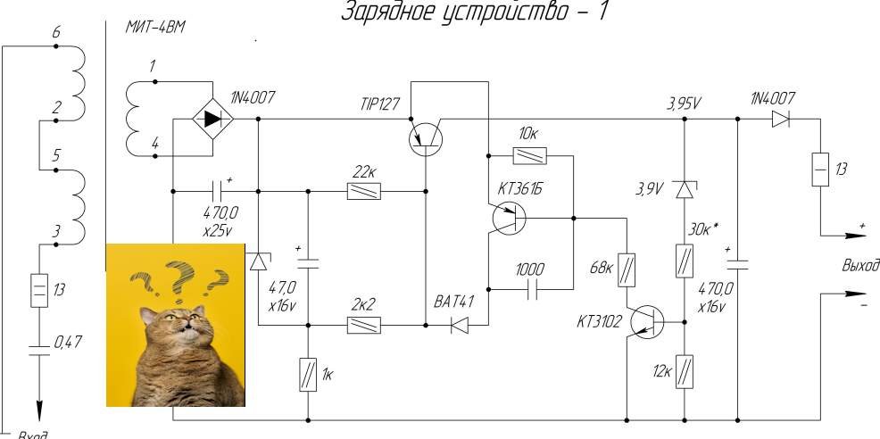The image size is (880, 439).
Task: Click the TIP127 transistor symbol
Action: pos(425,139)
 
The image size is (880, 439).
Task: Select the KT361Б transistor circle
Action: pos(509,218)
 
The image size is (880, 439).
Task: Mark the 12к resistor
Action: pos(684,369)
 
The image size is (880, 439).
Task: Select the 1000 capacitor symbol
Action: pos(532,290)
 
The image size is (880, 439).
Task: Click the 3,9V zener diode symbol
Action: pos(684,190)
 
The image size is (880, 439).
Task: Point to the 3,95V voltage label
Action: pos(684,103)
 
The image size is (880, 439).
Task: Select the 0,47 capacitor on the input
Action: pos(38,344)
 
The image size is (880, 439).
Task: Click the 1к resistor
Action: pos(308,372)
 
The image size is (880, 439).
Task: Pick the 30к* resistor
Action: pos(684,261)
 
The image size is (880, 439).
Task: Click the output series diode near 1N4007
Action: pos(782,119)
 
